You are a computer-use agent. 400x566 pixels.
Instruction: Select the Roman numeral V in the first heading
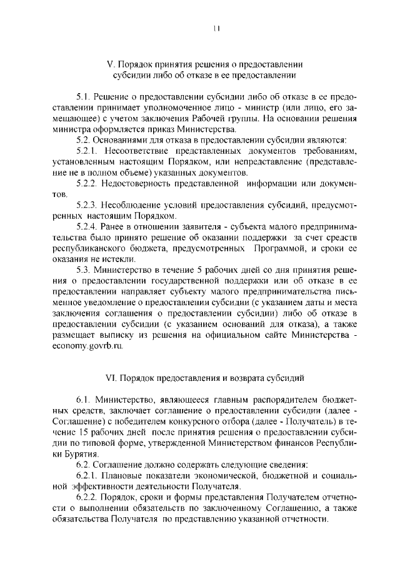109,64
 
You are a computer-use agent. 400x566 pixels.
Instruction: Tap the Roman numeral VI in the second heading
112,377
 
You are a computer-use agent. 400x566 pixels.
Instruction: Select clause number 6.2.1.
88,475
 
